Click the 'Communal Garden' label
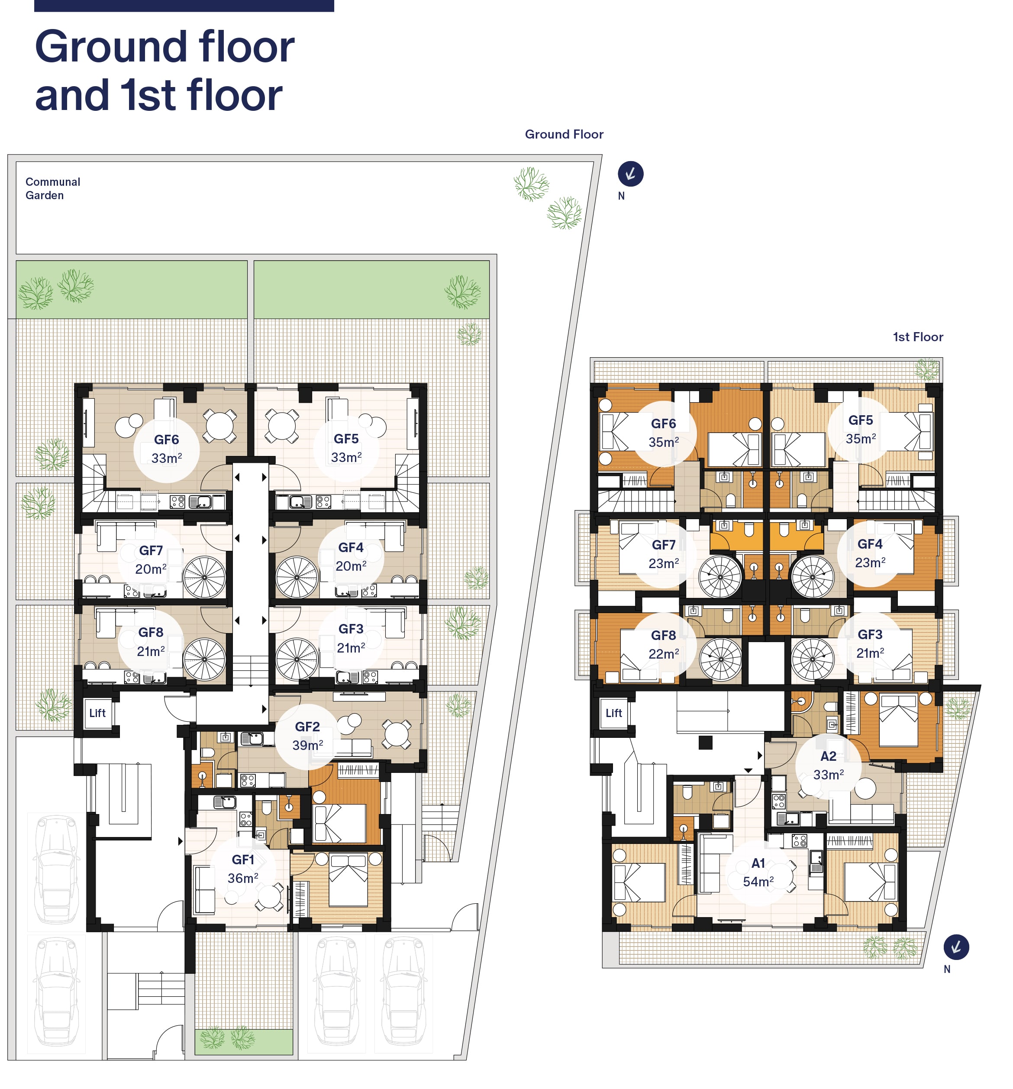click(52, 188)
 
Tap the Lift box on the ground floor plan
click(97, 713)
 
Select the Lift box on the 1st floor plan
click(614, 713)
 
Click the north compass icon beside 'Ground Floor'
click(630, 174)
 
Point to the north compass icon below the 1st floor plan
click(956, 947)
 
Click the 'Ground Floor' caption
click(564, 134)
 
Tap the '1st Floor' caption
click(918, 337)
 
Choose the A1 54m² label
click(758, 872)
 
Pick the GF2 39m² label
click(307, 736)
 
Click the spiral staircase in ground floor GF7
click(204, 577)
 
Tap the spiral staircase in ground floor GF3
click(297, 659)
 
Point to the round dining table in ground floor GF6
click(219, 425)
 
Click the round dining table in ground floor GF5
click(281, 425)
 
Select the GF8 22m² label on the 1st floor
click(664, 644)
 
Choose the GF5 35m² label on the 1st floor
click(861, 430)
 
